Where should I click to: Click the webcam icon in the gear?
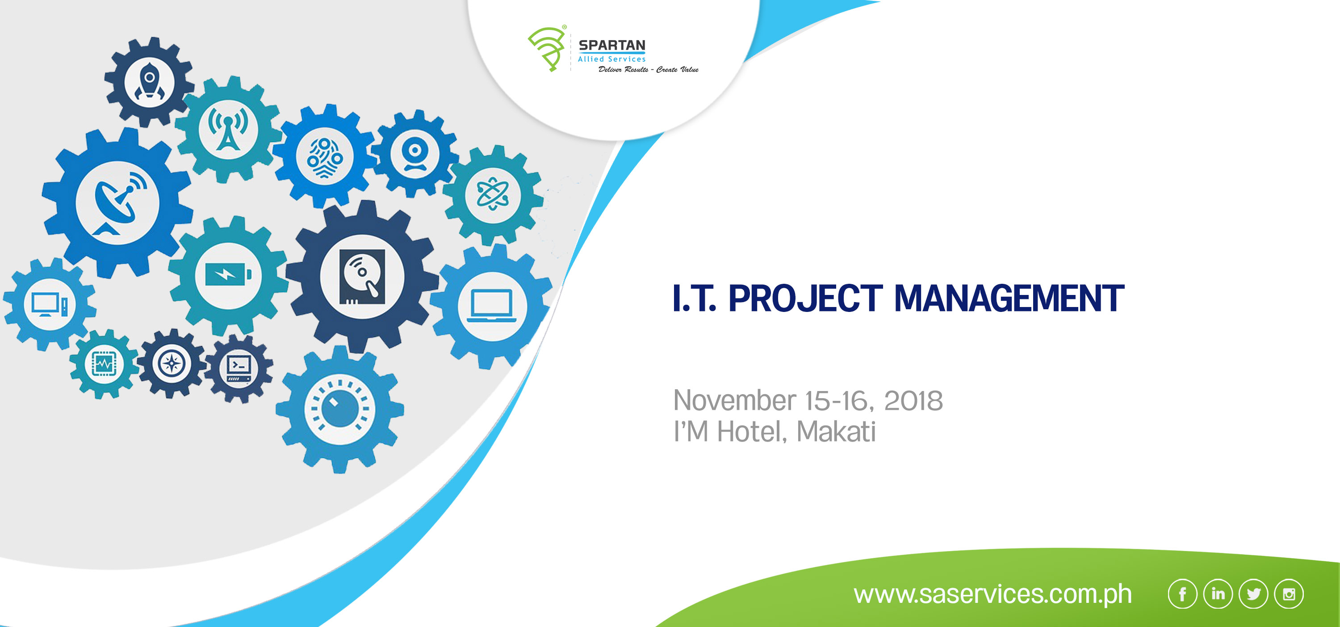415,155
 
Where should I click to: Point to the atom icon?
493,194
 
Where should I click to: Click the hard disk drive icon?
362,276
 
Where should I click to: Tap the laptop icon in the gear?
492,306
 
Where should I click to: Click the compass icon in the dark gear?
171,363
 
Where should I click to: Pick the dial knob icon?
339,409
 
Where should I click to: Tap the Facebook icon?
1182,593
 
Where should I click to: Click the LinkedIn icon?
1218,593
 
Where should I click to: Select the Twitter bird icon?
1253,593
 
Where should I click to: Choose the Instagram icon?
1289,593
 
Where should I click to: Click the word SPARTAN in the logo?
612,45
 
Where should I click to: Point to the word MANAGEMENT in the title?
1009,298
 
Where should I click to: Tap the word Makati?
836,431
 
